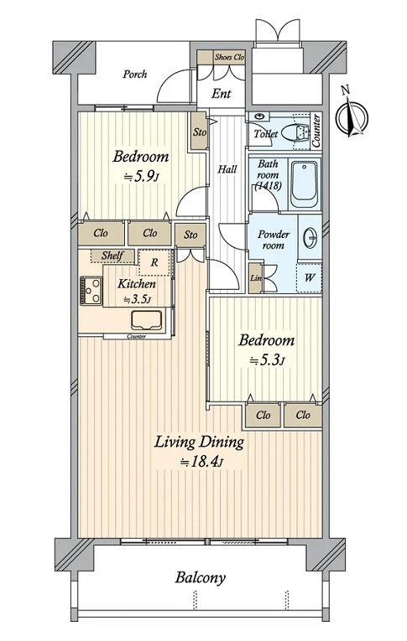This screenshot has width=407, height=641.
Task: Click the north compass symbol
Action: (x=352, y=116)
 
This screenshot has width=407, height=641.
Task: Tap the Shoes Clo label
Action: (x=229, y=57)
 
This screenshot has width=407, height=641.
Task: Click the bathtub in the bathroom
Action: (x=304, y=185)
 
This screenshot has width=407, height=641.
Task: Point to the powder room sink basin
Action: (x=310, y=237)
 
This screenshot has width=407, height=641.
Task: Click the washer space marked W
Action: (x=310, y=278)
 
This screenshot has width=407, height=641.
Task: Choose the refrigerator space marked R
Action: (x=154, y=262)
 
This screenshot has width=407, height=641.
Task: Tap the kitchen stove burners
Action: (x=91, y=290)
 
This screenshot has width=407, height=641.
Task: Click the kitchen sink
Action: (x=147, y=320)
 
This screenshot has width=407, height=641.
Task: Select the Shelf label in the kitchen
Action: (x=112, y=256)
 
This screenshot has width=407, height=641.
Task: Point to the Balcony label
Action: (x=201, y=578)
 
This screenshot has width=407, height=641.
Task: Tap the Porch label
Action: (x=135, y=75)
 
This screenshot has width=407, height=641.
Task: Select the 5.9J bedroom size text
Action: (x=141, y=177)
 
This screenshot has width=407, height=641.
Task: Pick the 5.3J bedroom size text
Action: (x=267, y=360)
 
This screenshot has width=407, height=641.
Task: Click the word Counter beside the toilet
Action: (x=316, y=131)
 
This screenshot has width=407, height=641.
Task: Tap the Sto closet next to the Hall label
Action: (x=200, y=132)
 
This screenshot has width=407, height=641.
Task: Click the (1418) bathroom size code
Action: (x=268, y=186)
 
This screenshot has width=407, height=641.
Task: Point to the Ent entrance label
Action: (x=221, y=94)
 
